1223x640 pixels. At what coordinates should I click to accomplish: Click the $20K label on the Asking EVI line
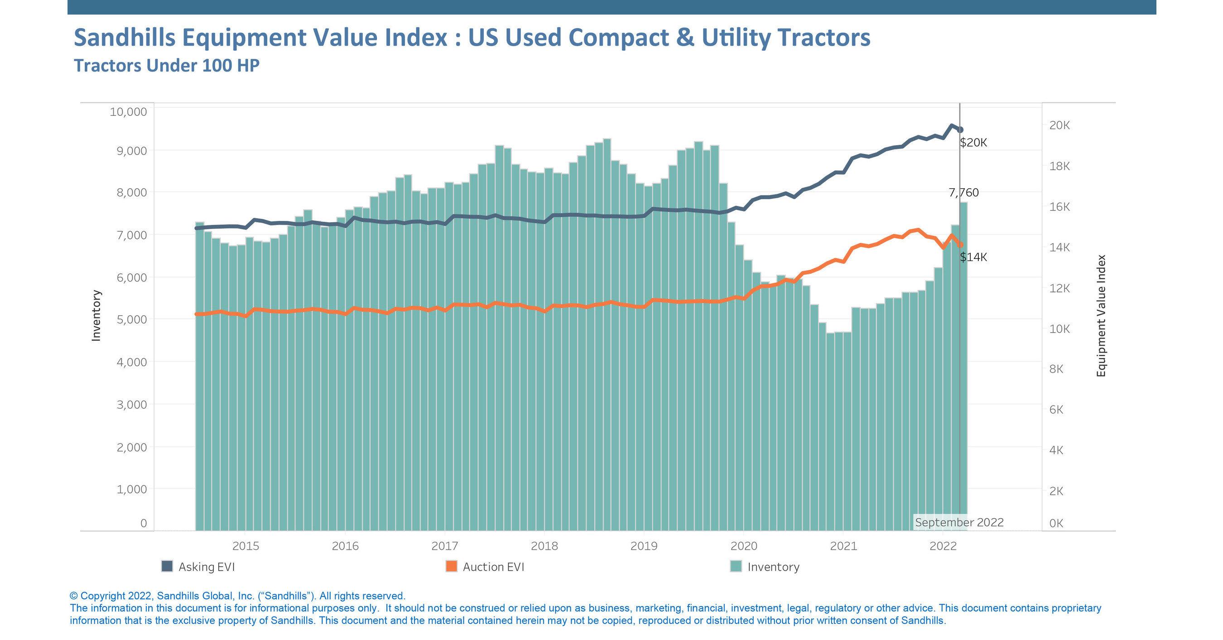[973, 142]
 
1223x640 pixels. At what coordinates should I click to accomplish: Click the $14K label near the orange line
[973, 257]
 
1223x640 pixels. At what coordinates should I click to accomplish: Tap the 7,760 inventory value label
[963, 192]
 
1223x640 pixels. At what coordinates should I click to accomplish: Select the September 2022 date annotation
[958, 522]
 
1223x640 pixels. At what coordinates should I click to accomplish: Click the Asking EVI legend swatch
[167, 566]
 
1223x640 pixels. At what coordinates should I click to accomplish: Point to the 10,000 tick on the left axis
[128, 111]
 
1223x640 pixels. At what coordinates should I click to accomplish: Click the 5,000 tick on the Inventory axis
[131, 319]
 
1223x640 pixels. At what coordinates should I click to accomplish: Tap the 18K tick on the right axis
[1059, 166]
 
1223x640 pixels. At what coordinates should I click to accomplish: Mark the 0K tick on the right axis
[1056, 523]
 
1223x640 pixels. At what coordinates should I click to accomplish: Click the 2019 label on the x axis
[643, 545]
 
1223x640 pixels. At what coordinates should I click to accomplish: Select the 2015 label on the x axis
[246, 545]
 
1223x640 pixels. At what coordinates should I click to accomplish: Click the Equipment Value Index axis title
[1101, 315]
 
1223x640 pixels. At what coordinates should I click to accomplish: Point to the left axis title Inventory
[96, 315]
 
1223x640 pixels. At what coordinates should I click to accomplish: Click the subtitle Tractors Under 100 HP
[167, 66]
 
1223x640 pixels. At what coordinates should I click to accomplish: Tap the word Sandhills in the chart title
[125, 37]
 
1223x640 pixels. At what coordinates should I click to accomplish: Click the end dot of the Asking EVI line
[960, 129]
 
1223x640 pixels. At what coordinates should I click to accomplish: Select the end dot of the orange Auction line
[960, 245]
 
